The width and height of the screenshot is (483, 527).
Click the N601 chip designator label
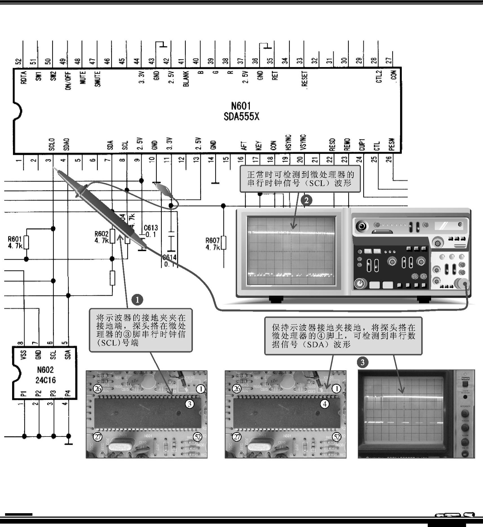241,106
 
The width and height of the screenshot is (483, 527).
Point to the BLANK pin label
186,78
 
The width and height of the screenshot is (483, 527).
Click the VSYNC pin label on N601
303,142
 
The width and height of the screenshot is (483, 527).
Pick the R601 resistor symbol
26,242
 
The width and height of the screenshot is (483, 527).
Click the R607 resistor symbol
224,243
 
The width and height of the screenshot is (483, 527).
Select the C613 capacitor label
151,228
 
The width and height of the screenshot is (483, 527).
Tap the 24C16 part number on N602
45,380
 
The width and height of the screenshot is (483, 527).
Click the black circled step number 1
138,299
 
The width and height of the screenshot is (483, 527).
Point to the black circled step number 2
306,200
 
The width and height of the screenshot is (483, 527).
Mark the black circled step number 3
363,362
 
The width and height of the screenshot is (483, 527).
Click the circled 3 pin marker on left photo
189,404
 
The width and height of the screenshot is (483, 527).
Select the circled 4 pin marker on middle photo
325,404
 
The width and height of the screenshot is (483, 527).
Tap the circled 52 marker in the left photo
198,437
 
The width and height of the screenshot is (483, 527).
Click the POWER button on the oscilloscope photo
465,383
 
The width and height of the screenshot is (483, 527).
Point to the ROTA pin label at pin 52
24,77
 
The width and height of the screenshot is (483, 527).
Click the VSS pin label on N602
23,355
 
